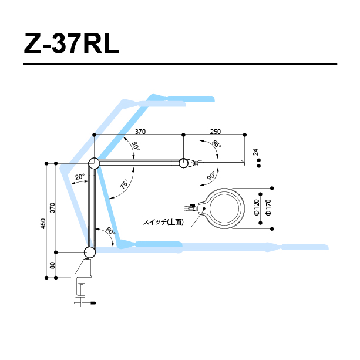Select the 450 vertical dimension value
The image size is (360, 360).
(x=42, y=224)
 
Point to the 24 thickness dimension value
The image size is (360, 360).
(x=255, y=153)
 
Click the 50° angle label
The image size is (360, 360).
(x=135, y=146)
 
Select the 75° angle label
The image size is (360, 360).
(x=124, y=184)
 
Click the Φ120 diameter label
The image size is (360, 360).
(x=257, y=207)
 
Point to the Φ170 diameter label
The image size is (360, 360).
(x=268, y=207)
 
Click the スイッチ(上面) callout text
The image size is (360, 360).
(x=163, y=222)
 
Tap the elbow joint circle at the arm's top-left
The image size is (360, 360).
(x=93, y=163)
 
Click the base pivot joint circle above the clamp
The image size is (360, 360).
(x=89, y=253)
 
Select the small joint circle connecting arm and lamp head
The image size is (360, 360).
(x=184, y=163)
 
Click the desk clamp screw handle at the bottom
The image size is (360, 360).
(x=86, y=302)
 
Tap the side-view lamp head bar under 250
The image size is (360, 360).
(x=222, y=162)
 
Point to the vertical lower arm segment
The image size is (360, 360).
(x=91, y=208)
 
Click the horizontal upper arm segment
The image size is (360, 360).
(x=139, y=163)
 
